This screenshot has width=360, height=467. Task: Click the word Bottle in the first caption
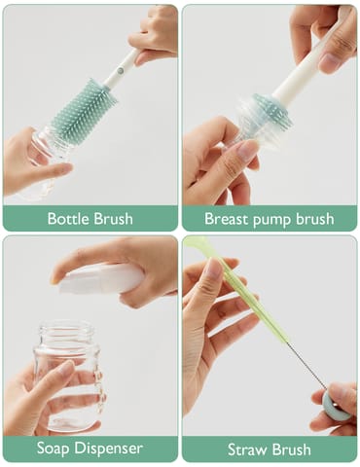click(69, 218)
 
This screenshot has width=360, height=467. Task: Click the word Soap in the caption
click(55, 449)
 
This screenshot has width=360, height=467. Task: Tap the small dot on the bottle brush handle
click(121, 69)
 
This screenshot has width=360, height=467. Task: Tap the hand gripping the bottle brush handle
click(155, 34)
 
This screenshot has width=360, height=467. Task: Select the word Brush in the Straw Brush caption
click(291, 449)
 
